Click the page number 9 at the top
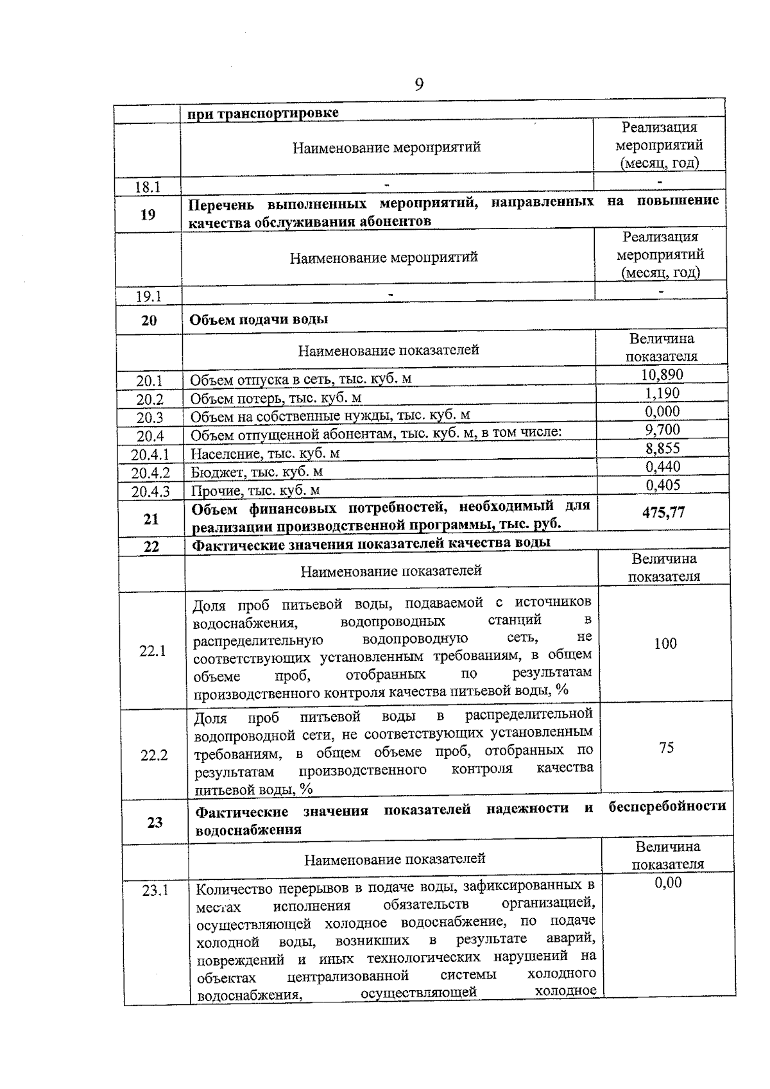point(418,85)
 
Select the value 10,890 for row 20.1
point(662,375)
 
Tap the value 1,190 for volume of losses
point(662,393)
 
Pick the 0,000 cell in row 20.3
point(662,411)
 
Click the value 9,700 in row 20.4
point(662,430)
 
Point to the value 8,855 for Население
point(663,449)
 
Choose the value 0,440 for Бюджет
point(663,467)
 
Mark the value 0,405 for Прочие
point(663,485)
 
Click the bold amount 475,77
point(663,512)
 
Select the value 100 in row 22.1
point(665,644)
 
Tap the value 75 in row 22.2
point(666,748)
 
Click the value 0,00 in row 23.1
point(668,883)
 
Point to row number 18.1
point(148,187)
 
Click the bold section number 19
point(148,214)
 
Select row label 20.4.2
point(151,474)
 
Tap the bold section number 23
point(155,822)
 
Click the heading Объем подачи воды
point(259,320)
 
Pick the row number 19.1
point(148,296)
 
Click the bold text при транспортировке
point(263,114)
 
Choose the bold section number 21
point(151,519)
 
